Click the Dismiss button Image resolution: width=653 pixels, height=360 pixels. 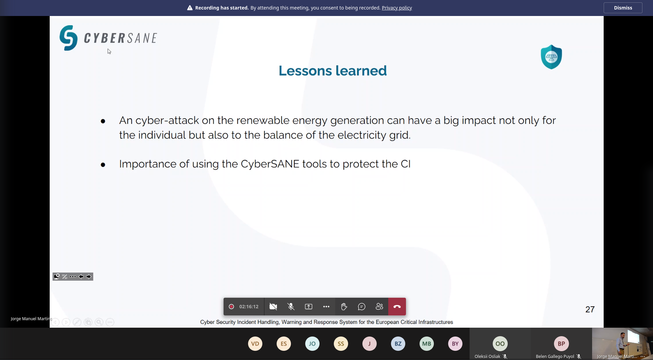click(623, 8)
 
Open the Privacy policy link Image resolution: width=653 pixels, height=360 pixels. click(397, 8)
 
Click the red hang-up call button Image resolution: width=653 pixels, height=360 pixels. click(397, 307)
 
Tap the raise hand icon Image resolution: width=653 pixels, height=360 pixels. click(344, 307)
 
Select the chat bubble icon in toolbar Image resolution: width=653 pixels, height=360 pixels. click(362, 307)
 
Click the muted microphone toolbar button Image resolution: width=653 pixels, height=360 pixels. click(291, 307)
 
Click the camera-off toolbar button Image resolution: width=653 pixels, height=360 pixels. click(273, 307)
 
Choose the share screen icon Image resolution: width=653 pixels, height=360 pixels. click(309, 307)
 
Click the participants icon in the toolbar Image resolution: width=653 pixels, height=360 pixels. click(379, 307)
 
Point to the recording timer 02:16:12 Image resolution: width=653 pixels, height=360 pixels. click(249, 307)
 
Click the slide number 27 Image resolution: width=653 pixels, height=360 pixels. click(590, 309)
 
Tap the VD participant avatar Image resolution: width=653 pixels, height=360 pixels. click(255, 344)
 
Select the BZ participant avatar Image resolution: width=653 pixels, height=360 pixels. click(398, 344)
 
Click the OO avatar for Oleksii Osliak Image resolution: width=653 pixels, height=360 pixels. click(500, 344)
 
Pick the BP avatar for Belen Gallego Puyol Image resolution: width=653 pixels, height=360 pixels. click(561, 344)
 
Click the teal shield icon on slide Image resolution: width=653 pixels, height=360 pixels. click(551, 57)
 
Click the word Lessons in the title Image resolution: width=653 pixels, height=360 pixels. click(305, 71)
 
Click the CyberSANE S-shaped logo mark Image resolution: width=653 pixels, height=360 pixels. click(68, 38)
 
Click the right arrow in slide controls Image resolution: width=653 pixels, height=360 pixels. click(89, 277)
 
